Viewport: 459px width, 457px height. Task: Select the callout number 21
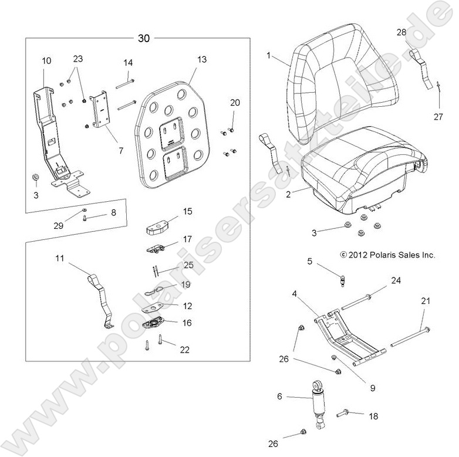(426, 301)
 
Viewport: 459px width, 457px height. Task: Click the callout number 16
(187, 323)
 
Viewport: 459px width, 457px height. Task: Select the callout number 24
(396, 280)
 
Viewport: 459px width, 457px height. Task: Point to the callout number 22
(185, 350)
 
